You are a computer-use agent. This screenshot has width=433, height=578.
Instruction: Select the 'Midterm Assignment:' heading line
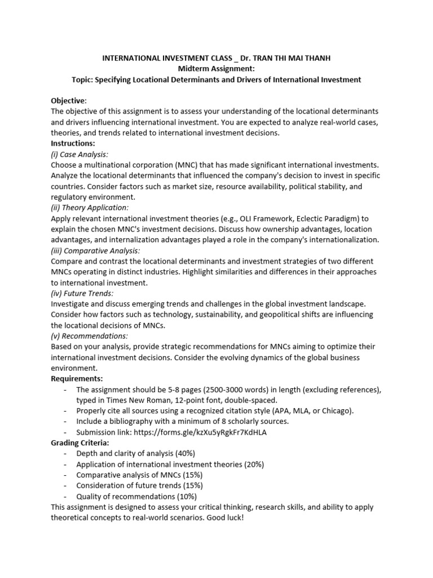pos(216,69)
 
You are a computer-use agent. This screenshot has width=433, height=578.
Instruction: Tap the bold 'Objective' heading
pos(68,100)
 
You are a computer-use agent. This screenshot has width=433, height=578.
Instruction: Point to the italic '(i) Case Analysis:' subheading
pos(79,154)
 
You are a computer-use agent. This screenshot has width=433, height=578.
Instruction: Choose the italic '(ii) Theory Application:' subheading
pos(90,207)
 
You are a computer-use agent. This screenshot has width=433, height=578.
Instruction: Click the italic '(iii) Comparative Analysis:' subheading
pos(95,250)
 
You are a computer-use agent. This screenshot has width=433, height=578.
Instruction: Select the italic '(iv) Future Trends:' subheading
pos(82,293)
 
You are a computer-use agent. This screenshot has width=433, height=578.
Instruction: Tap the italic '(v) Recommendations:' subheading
pos(89,336)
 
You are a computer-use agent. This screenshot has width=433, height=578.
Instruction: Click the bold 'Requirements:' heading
pos(77,379)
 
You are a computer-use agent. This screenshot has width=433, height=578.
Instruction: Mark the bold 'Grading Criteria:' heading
pos(81,443)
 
